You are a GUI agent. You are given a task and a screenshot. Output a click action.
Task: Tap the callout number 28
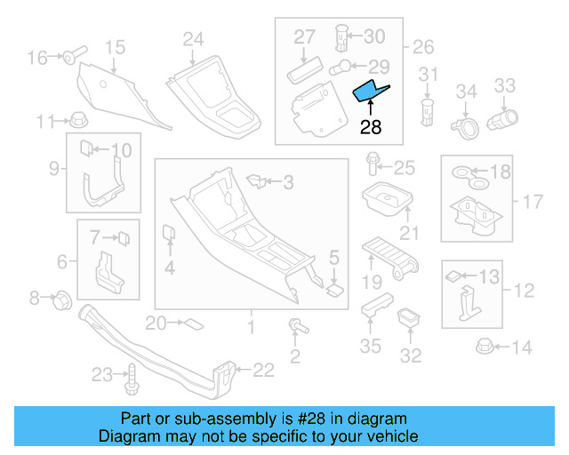coord(370,127)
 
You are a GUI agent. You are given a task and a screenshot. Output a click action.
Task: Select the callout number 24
coord(193,38)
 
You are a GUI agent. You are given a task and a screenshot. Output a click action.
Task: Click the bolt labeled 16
coord(72,58)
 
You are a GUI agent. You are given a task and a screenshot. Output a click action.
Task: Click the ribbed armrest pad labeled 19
coord(389,258)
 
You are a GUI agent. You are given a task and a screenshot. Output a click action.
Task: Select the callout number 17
coord(532,202)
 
